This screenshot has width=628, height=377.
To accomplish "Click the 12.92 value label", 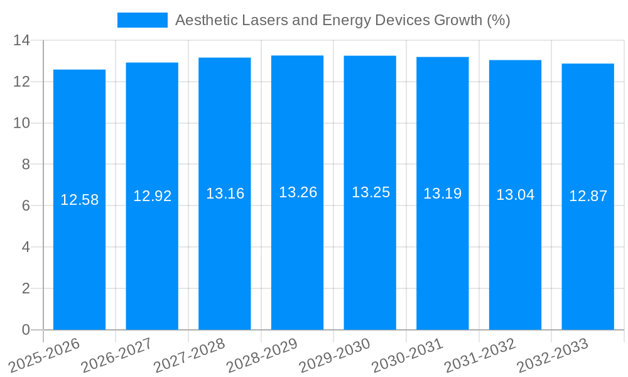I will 152,196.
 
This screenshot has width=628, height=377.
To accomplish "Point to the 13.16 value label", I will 225,194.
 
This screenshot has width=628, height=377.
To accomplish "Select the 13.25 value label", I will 371,193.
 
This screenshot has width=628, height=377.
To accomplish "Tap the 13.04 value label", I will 515,195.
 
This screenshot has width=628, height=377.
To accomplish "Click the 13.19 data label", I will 442,194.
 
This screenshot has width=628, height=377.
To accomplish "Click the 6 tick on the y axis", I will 26,205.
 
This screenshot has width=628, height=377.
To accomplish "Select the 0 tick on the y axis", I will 26,330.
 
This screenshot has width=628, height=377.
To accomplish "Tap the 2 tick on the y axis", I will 26,288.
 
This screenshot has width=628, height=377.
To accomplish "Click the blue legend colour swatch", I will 143,20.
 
